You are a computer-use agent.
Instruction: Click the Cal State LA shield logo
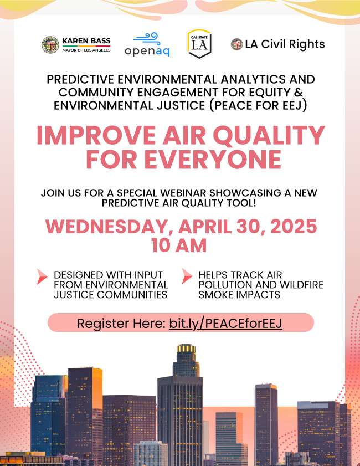[199, 44]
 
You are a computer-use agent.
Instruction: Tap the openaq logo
[147, 44]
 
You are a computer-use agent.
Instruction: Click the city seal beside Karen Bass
[50, 45]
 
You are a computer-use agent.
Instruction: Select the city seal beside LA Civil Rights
[236, 44]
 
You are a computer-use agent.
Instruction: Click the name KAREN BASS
[86, 40]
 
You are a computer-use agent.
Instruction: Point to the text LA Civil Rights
[285, 44]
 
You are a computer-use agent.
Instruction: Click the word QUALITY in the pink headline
[269, 135]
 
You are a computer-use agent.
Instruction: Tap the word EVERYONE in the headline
[213, 159]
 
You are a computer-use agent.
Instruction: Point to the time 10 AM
[179, 245]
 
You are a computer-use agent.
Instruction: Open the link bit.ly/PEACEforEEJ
[225, 324]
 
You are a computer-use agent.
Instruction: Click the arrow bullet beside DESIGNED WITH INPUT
[42, 276]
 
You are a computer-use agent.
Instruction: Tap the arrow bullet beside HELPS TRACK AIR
[187, 276]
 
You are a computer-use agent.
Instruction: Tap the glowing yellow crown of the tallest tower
[186, 349]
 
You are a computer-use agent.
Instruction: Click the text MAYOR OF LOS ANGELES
[86, 50]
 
